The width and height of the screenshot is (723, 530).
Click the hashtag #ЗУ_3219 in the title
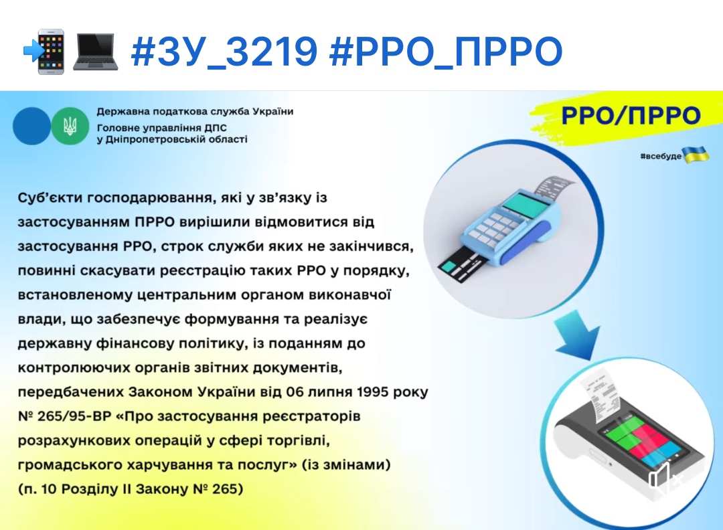[x=224, y=51]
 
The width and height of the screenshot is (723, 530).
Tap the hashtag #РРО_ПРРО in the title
[x=446, y=51]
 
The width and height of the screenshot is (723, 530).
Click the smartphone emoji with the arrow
[x=44, y=52]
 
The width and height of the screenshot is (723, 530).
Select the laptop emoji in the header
[x=96, y=52]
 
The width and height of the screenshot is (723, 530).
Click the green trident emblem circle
[x=70, y=126]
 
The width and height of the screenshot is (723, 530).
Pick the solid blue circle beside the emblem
[x=31, y=126]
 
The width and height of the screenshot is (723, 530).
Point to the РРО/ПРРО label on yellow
[x=631, y=115]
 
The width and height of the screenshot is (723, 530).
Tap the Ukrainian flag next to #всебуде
[x=696, y=155]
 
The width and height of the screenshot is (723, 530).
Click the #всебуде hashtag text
[x=660, y=156]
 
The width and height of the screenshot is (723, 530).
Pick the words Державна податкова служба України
[x=195, y=112]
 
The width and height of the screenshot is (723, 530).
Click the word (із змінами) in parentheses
[x=346, y=464]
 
